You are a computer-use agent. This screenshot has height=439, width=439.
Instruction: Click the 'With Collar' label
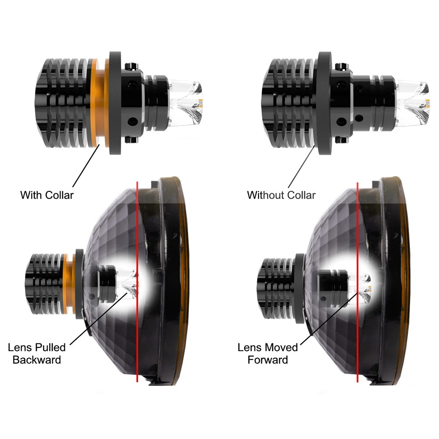click(47, 195)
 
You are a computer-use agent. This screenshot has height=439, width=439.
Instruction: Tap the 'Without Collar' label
click(281, 195)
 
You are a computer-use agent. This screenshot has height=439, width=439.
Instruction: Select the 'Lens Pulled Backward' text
click(37, 353)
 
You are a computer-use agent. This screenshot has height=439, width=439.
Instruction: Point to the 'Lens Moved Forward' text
click(268, 353)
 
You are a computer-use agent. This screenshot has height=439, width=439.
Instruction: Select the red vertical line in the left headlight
click(137, 282)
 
